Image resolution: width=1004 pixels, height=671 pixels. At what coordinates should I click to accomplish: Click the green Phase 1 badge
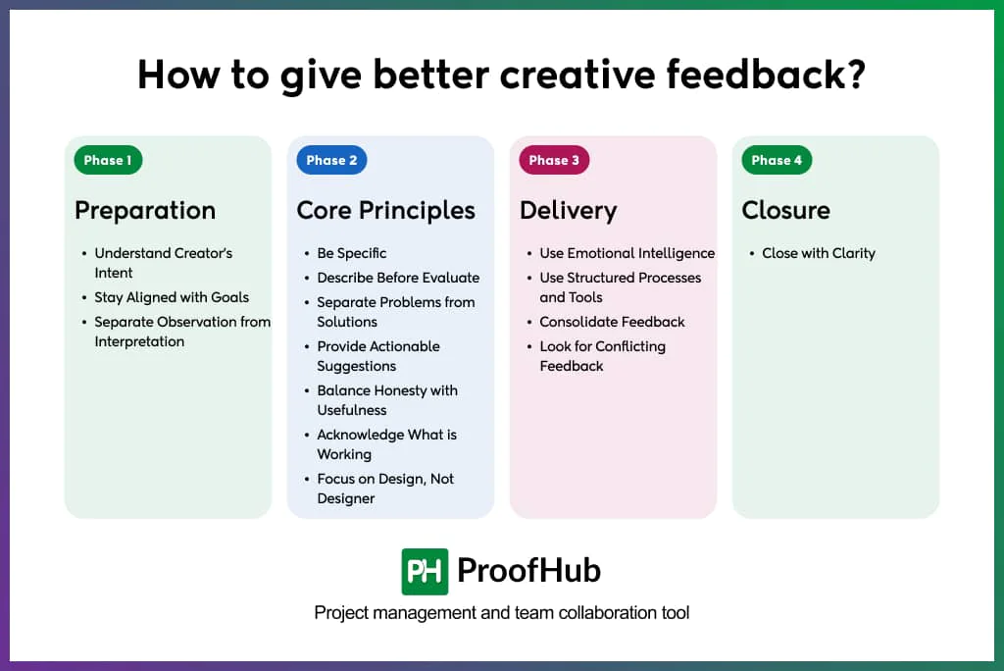click(x=108, y=161)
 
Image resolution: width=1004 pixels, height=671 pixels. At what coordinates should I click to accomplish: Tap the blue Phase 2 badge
click(x=331, y=161)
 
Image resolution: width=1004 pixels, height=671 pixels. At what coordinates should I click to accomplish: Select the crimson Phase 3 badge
click(x=554, y=161)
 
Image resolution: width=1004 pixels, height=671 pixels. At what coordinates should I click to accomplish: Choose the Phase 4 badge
click(x=777, y=161)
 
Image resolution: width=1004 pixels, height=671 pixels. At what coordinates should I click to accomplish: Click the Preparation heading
click(x=145, y=211)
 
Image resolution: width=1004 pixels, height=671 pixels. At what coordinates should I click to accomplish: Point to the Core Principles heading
click(x=385, y=211)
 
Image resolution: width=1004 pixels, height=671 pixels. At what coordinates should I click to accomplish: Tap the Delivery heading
click(x=568, y=211)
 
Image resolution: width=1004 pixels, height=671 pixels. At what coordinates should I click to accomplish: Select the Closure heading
click(x=785, y=211)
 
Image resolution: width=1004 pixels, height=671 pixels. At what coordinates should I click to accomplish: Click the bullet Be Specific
click(x=351, y=253)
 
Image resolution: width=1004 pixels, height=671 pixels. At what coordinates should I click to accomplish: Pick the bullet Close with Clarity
click(x=818, y=253)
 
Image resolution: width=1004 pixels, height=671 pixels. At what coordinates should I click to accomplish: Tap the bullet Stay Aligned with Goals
click(x=172, y=297)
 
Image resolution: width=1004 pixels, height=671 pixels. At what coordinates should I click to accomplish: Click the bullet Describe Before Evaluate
click(x=398, y=278)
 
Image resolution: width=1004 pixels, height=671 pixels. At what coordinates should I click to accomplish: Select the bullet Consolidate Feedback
click(x=612, y=322)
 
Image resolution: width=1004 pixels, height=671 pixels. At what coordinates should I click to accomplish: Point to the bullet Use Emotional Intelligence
click(x=627, y=253)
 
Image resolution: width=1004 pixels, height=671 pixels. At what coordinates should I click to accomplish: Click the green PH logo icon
click(x=425, y=572)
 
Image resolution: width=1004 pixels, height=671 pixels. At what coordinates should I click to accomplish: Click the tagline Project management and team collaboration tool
click(x=502, y=613)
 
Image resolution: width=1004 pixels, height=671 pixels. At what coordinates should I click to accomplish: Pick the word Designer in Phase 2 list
click(x=345, y=498)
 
